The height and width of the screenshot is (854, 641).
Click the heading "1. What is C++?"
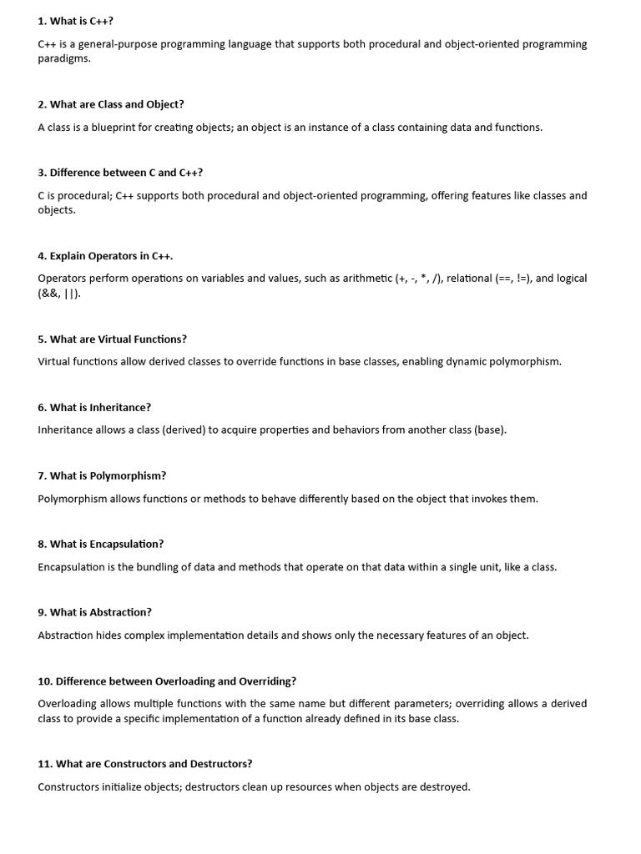tap(75, 21)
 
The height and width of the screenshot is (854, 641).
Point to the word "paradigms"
tap(63, 59)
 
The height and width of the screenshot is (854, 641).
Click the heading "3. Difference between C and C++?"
tap(120, 173)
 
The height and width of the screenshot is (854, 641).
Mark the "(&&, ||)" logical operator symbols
tap(59, 294)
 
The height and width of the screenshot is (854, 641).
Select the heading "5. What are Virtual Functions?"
tap(112, 339)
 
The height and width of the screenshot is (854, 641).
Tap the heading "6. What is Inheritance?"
tap(94, 408)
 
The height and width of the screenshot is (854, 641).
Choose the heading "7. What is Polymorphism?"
tap(102, 476)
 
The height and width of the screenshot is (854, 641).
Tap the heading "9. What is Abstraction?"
tap(94, 612)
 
